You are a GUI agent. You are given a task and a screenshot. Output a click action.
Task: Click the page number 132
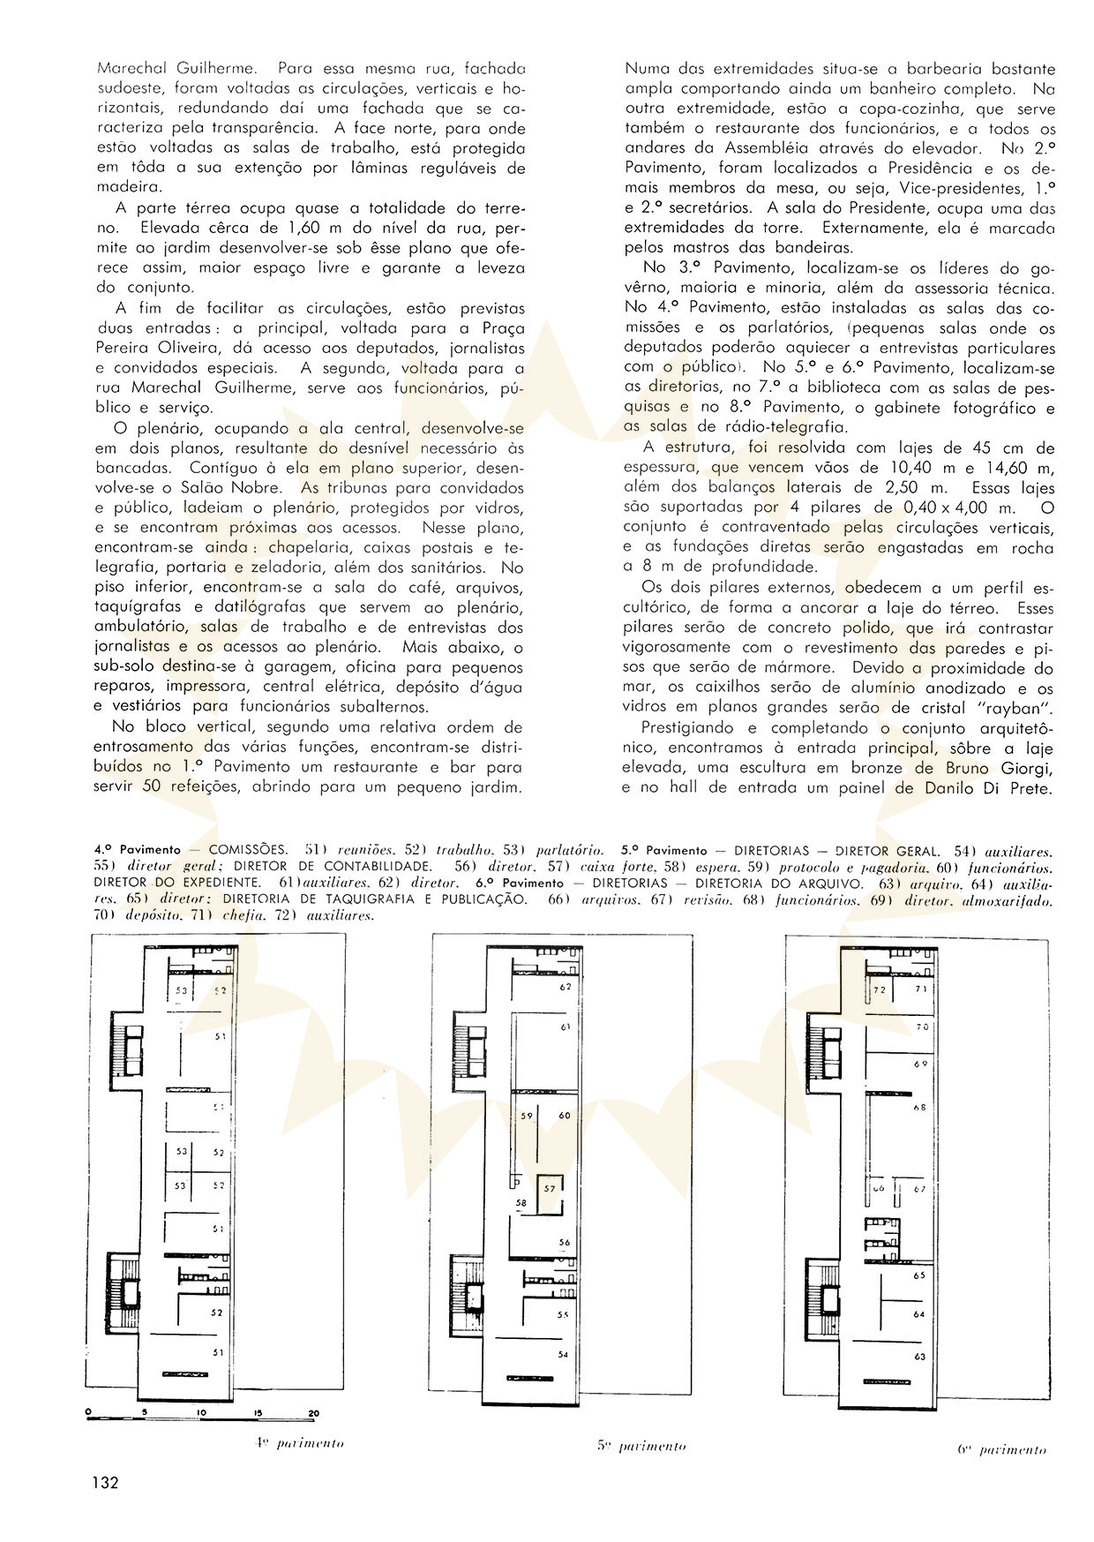(x=103, y=1482)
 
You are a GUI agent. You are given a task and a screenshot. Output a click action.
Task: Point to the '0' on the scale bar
(x=89, y=1412)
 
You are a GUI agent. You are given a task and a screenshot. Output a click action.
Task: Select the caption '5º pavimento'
(x=641, y=1446)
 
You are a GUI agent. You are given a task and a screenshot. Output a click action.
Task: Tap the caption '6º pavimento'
(x=1001, y=1449)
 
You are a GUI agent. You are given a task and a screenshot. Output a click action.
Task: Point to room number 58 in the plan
(x=521, y=1202)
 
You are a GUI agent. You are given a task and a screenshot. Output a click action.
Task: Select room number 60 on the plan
(x=565, y=1116)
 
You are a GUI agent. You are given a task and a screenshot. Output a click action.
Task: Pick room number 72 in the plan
(x=879, y=990)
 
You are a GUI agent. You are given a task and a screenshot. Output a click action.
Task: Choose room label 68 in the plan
(x=920, y=1107)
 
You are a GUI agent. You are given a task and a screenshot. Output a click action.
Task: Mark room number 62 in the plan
(x=566, y=986)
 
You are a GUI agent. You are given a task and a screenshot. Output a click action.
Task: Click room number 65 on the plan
(x=920, y=1275)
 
